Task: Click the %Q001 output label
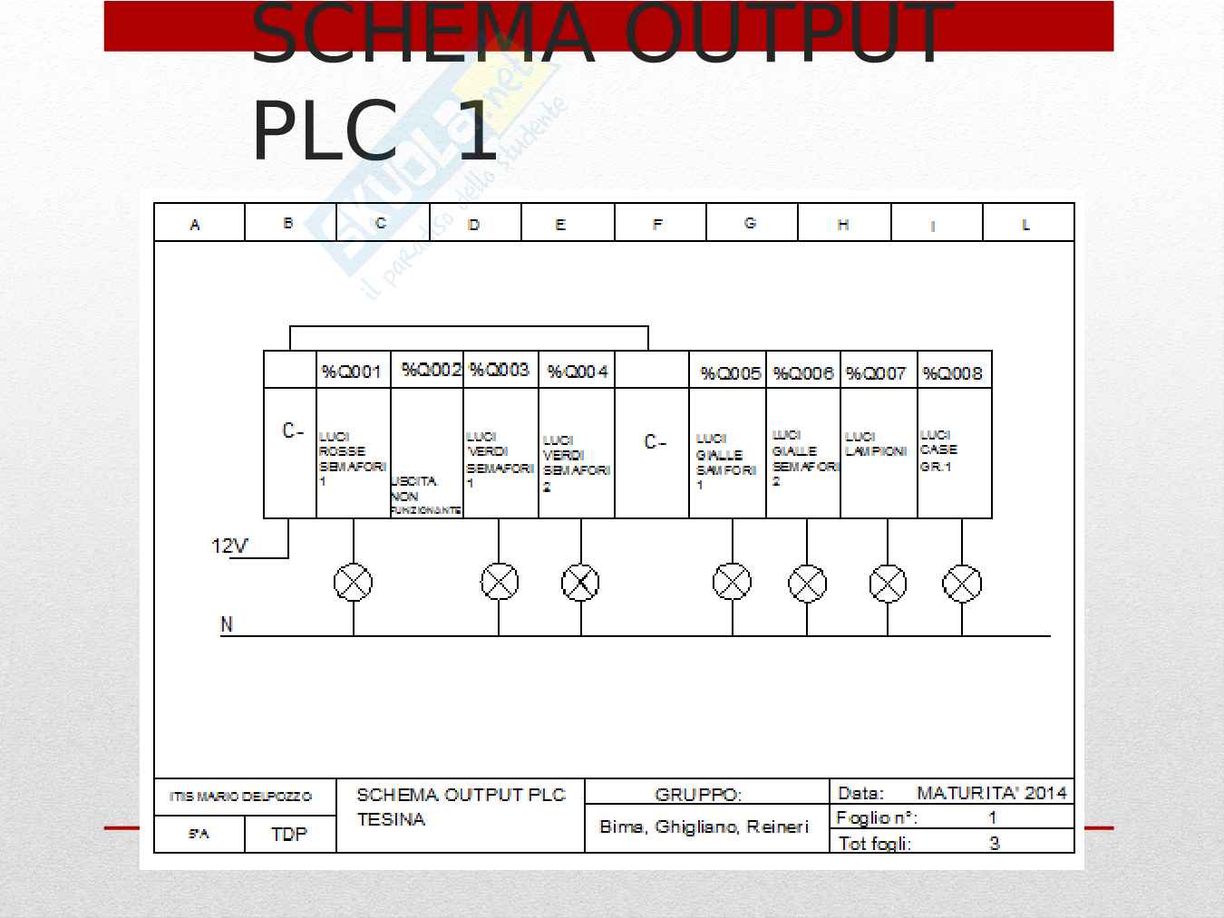pos(352,372)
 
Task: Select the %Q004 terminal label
pos(578,372)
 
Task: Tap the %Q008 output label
pos(952,372)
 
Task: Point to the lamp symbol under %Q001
pos(354,583)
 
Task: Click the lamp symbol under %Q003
pos(500,583)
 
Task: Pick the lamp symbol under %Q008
pos(962,584)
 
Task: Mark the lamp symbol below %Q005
pos(733,583)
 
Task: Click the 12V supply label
pos(229,546)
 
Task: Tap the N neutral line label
pos(227,625)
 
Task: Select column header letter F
pos(657,224)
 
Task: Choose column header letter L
pos(1026,225)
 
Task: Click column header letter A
pos(195,225)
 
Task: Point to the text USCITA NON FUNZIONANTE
pos(425,496)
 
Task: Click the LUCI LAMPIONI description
pos(876,444)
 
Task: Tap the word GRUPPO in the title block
pos(698,795)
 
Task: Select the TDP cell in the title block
pos(289,834)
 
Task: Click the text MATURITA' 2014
pos(992,793)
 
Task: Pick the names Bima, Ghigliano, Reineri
pos(704,826)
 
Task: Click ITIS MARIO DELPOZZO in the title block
pos(240,797)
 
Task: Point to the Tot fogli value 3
pos(995,843)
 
